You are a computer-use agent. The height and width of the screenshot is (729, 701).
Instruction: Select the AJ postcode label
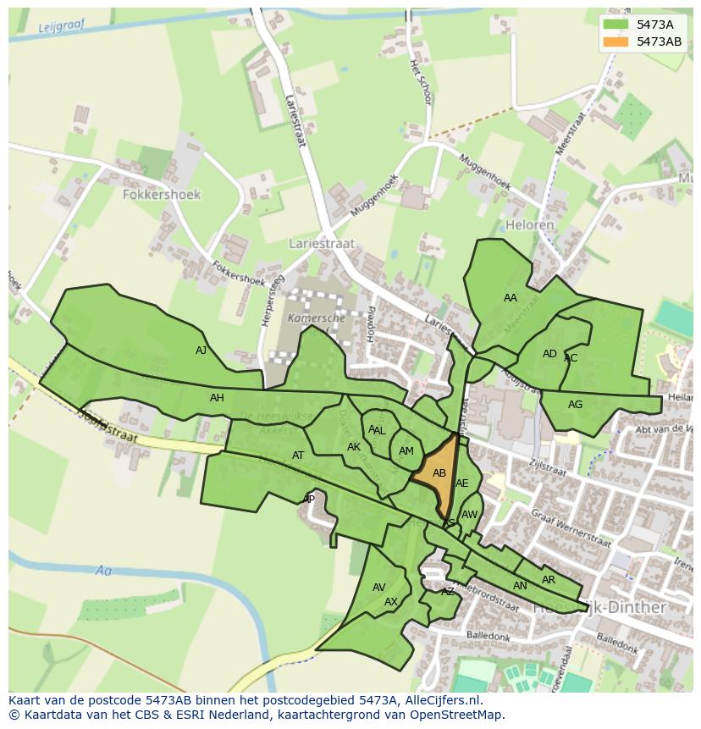coord(201,351)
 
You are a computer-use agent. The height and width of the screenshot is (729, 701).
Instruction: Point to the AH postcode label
coord(217,398)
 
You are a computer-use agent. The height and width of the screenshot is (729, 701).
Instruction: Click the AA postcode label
coord(510,298)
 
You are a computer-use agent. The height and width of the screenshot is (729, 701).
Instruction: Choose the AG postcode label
coord(575,405)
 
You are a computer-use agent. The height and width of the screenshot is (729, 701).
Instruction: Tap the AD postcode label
coord(549,354)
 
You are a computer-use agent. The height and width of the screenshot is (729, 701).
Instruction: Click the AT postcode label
coord(298,456)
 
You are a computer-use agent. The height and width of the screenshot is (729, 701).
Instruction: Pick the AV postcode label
coord(378,588)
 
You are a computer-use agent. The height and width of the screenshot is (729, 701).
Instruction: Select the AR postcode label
coord(549,580)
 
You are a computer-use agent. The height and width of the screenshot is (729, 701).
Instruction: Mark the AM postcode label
coord(406,451)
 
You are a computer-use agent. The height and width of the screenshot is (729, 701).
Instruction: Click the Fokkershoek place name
coord(161,195)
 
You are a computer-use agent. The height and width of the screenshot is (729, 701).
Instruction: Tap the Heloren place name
coord(529,225)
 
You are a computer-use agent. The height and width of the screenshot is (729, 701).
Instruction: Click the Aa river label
coord(103,571)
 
